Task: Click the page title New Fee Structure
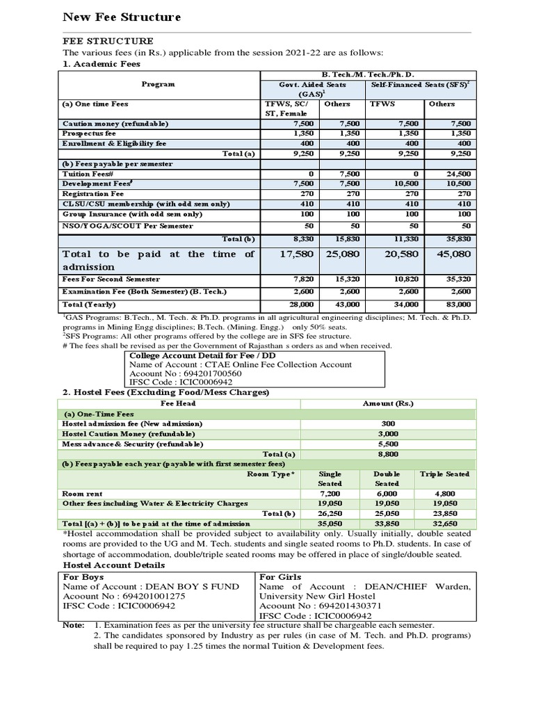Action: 122,16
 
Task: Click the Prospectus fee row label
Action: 89,133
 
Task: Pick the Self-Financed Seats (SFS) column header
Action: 419,83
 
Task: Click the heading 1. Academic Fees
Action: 102,64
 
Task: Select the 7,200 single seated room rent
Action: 329,494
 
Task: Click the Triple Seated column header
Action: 445,474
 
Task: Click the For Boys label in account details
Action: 81,576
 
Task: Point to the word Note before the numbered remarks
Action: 73,625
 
